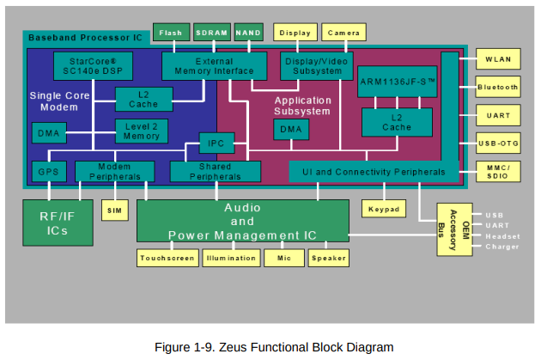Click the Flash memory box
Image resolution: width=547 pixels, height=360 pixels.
coord(171,33)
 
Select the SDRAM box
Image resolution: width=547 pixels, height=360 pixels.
coord(212,33)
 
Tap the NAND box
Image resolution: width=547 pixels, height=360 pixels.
coord(249,33)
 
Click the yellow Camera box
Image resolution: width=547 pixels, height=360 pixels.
coord(343,33)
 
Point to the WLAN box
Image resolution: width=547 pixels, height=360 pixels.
coord(498,59)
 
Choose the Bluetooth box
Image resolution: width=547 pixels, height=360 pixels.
coord(498,87)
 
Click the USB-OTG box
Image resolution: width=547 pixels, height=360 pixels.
coord(498,143)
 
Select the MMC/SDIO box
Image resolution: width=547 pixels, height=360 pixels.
coord(498,172)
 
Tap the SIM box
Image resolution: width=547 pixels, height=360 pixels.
coord(115,211)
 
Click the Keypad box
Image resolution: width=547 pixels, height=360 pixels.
coord(384,209)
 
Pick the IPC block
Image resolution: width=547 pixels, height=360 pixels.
coord(216,143)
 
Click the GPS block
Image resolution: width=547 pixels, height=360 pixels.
coord(49,172)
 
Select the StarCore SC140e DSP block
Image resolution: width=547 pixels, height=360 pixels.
coord(93,66)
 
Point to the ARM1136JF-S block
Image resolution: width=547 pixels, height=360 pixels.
coord(398,82)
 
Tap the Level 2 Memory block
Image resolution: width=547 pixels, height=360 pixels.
coord(142,131)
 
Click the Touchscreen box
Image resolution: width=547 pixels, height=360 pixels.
coord(167,258)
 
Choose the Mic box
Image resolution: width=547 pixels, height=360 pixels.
coord(284,258)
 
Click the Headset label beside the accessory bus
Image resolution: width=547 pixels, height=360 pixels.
coord(502,236)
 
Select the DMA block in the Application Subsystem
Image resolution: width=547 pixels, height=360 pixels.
coord(291,130)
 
